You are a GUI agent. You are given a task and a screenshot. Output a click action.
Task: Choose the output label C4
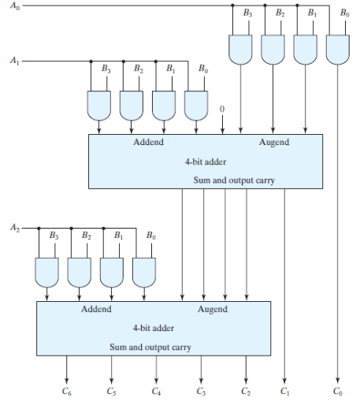tap(156, 390)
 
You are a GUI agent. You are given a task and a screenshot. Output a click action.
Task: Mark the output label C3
tap(201, 390)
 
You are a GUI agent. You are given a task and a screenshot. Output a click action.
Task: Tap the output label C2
tap(247, 390)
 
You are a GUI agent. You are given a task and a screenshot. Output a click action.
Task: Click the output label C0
tap(338, 390)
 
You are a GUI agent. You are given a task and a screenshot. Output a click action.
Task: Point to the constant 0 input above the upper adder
tap(222, 108)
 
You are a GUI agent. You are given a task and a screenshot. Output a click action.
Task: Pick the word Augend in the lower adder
tap(212, 309)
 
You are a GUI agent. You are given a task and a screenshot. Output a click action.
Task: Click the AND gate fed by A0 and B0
tap(338, 51)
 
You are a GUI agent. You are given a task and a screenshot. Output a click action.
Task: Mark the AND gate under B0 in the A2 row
tap(143, 271)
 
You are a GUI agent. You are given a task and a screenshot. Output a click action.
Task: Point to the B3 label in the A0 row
tap(248, 14)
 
